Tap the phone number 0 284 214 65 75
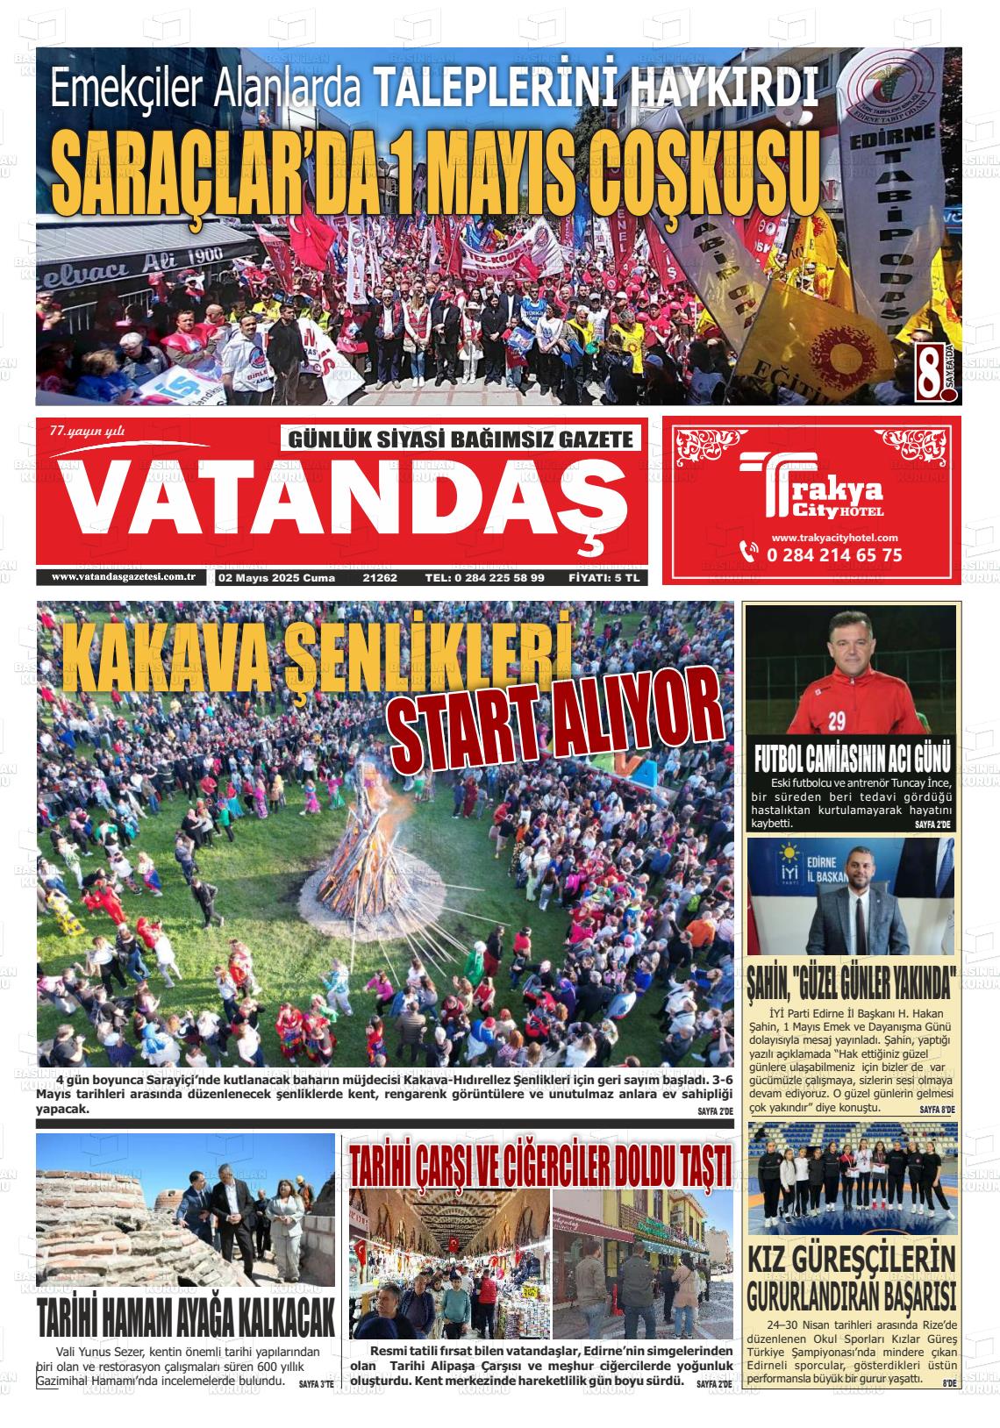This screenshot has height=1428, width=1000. [833, 555]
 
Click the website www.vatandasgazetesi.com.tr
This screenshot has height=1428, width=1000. [124, 577]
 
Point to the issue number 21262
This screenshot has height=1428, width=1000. [380, 578]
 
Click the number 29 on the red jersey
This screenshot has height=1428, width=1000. [836, 721]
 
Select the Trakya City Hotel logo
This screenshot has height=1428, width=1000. [811, 494]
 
